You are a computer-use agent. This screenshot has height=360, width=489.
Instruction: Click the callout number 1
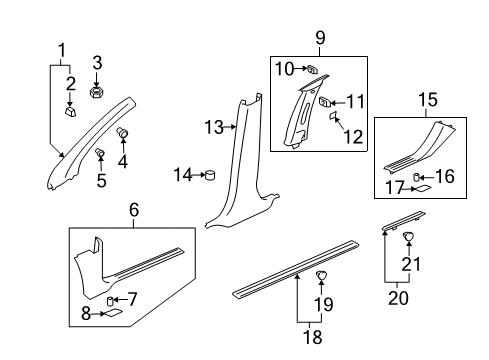coord(62,49)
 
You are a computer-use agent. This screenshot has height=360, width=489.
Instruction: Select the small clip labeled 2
coord(70,111)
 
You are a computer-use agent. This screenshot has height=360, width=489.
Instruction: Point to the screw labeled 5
coord(101,152)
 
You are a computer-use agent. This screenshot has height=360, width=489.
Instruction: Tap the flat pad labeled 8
coord(114,313)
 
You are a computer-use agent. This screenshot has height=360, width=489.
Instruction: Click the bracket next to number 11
coord(326,101)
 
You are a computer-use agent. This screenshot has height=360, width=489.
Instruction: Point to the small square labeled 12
coord(325,117)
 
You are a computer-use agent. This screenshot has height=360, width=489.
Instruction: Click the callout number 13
coord(213,126)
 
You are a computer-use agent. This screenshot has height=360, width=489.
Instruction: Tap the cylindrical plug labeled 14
coord(210,177)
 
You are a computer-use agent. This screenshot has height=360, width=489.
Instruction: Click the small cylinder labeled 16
coord(422,174)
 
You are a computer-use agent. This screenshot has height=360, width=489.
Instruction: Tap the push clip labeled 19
coord(322,303)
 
